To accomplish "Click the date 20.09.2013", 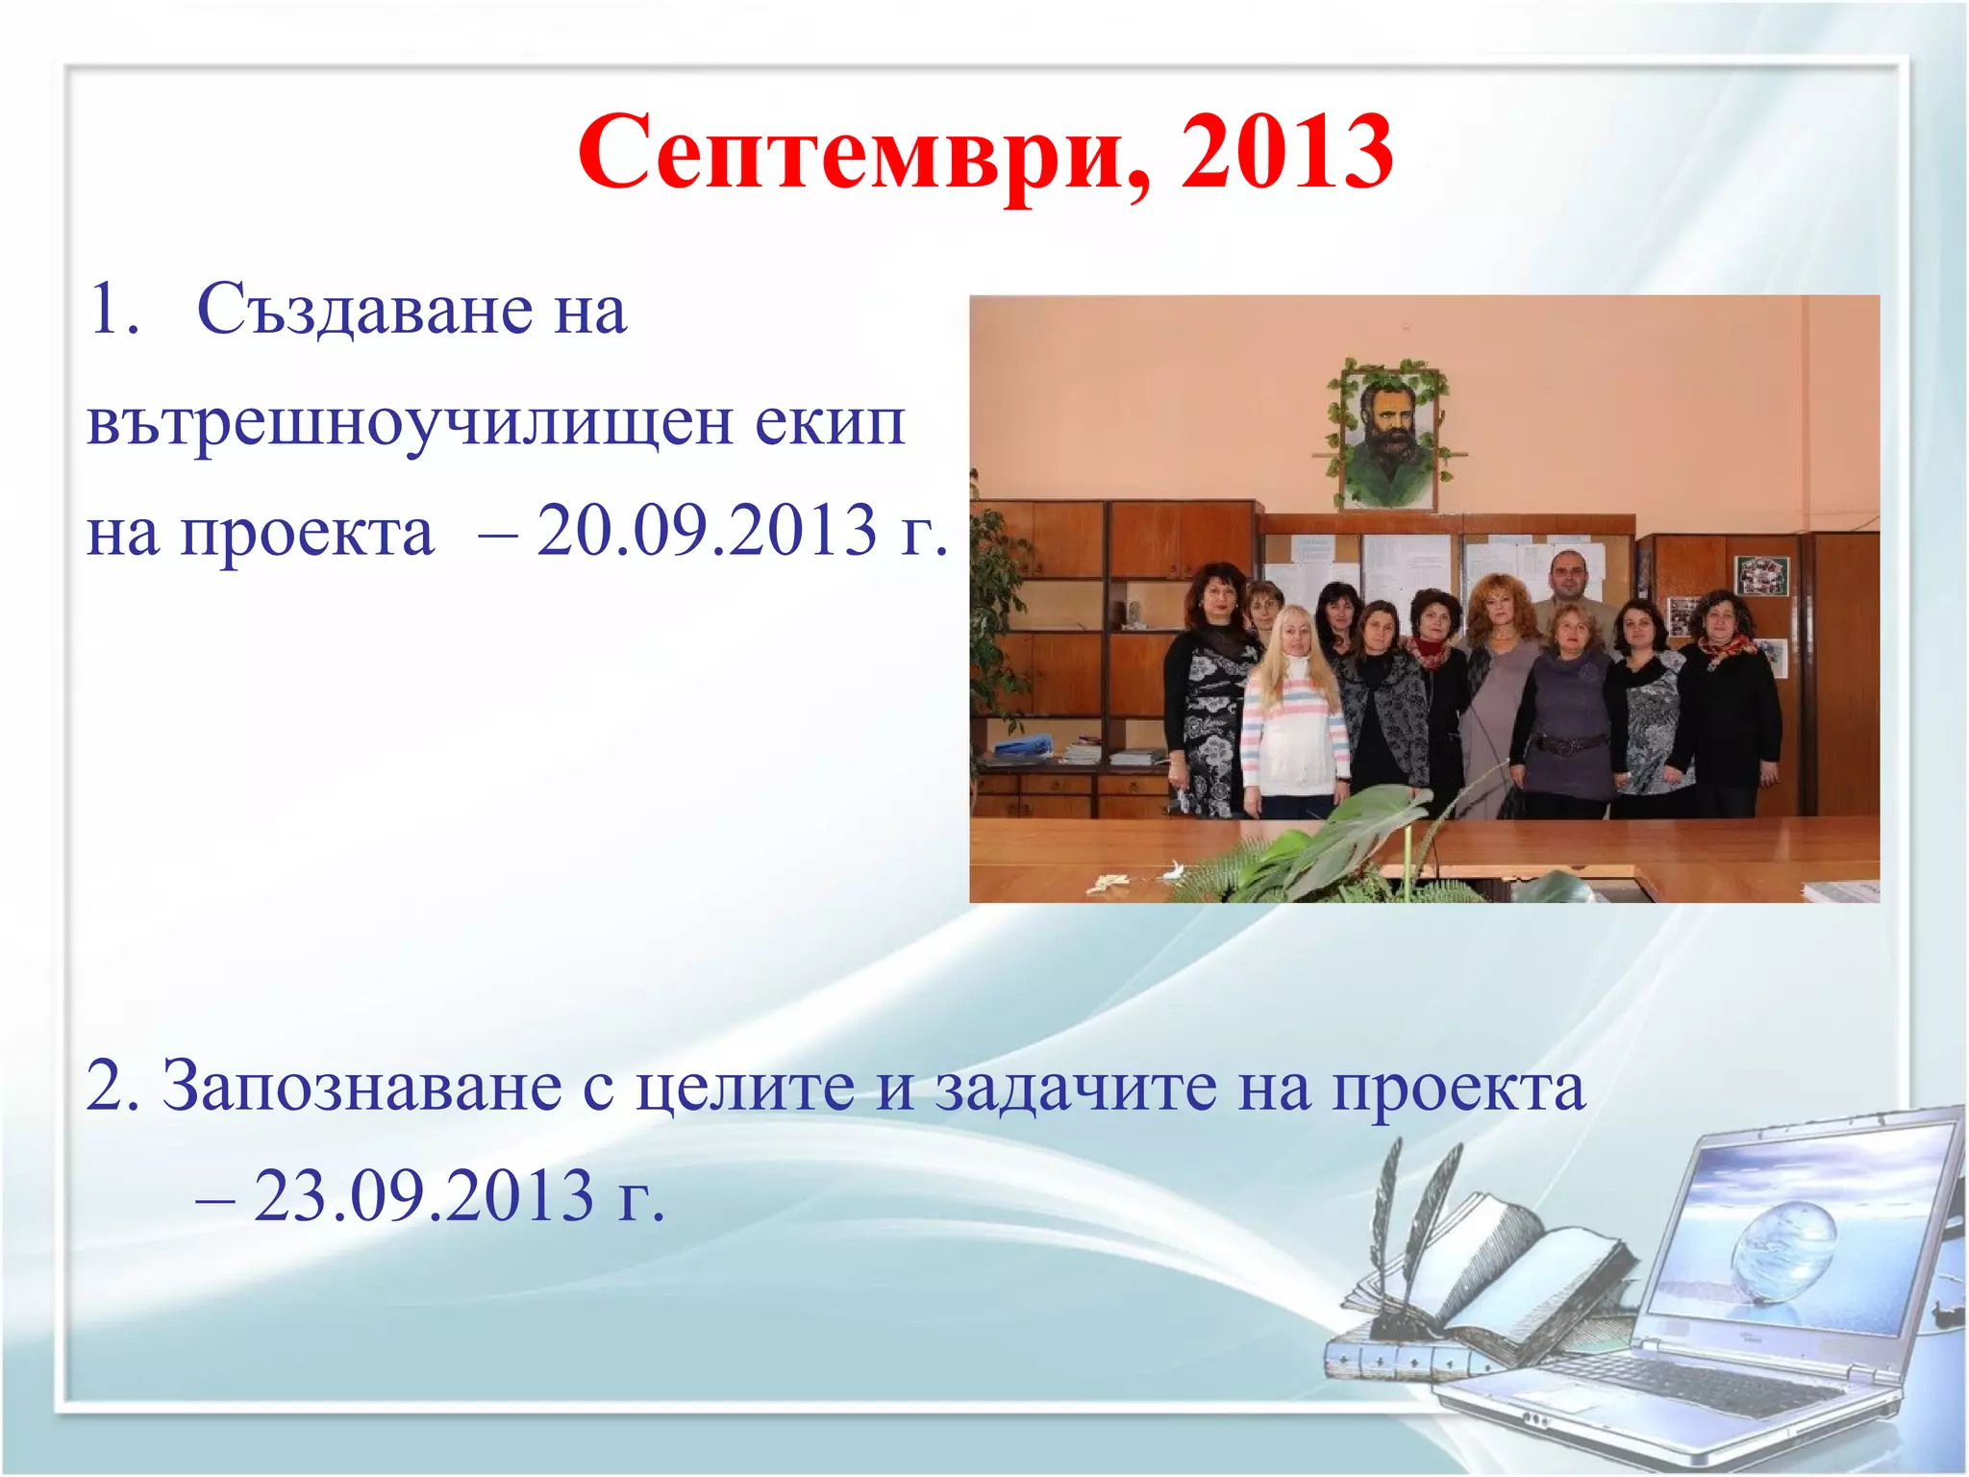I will tap(707, 531).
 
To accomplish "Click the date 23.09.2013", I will tap(424, 1197).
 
